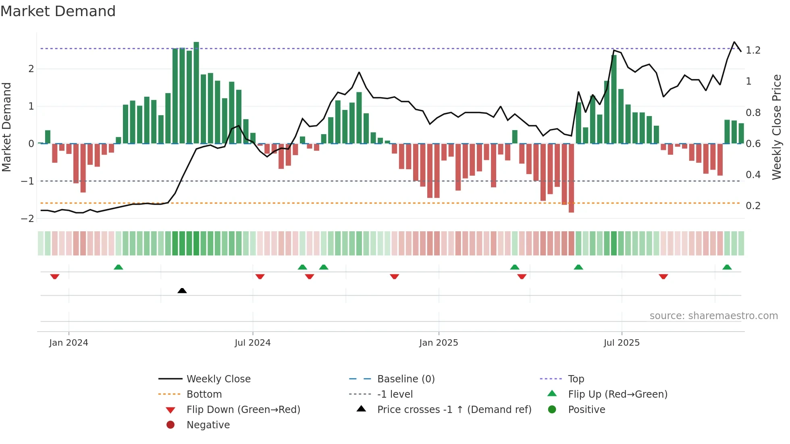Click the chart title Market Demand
58,11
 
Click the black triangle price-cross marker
182,290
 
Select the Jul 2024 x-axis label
253,343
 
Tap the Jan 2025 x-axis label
439,343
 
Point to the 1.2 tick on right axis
753,50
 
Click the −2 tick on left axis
28,219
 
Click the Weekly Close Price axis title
776,127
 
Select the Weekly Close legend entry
218,379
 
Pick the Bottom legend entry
204,394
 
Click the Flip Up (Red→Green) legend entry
617,394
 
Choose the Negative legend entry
208,425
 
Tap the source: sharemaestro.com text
713,316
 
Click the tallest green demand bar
196,93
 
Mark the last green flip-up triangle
727,267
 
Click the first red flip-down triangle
55,276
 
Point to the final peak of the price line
734,42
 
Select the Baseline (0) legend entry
405,379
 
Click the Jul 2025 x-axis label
622,343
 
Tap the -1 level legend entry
395,394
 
